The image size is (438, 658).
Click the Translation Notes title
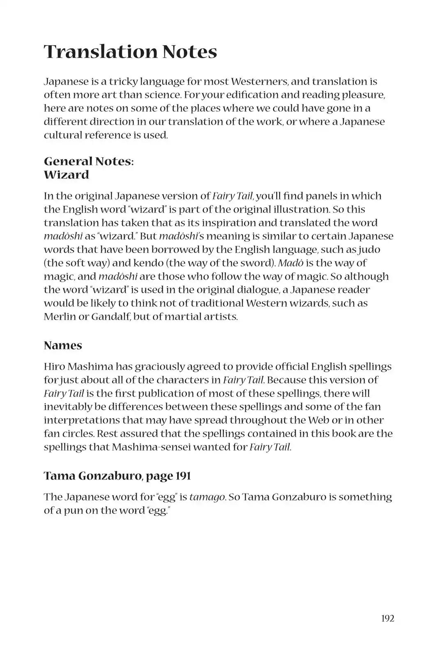point(130,52)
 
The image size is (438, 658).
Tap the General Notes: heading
point(89,161)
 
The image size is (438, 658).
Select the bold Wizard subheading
point(67,175)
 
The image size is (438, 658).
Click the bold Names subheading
point(63,345)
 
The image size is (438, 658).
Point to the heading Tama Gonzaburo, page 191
point(117,476)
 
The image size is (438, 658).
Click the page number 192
point(387,618)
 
